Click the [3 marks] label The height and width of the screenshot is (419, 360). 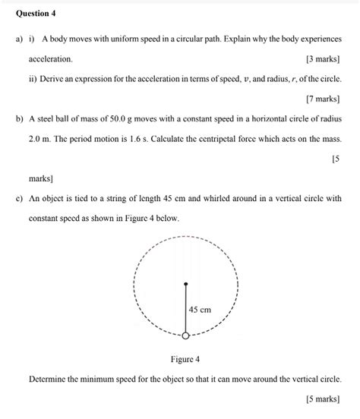(323, 58)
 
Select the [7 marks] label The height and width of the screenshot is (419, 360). (323, 99)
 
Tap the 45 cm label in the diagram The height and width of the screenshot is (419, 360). (201, 310)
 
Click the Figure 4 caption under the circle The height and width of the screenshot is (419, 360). (185, 358)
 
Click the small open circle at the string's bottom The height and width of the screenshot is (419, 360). (185, 335)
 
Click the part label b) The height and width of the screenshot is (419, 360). (19, 119)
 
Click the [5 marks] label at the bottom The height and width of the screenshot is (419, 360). (323, 399)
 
